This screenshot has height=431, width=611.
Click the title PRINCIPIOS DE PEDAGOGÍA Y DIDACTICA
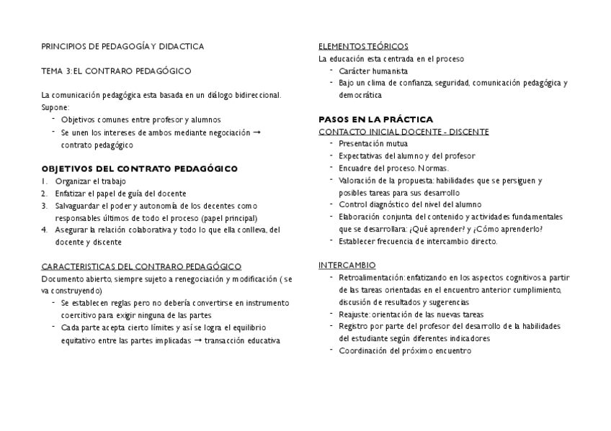pos(122,47)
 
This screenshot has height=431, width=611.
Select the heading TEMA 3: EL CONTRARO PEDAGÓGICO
pos(116,71)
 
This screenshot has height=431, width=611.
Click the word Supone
pos(55,107)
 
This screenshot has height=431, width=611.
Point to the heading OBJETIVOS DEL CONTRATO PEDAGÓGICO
pos(139,169)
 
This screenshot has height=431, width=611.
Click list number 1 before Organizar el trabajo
pos(44,181)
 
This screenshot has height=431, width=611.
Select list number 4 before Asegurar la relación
pos(44,230)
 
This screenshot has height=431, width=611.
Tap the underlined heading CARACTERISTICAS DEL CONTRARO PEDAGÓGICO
pos(141,266)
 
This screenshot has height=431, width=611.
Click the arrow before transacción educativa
pos(198,340)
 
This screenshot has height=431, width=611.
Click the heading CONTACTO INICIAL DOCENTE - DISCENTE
pos(403,132)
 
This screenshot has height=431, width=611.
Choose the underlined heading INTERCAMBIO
pos(347,266)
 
